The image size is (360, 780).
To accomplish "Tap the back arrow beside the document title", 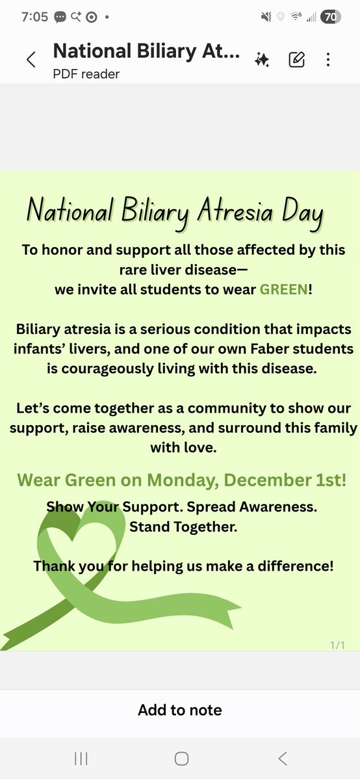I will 31,60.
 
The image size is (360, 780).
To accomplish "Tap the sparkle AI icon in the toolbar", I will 263,60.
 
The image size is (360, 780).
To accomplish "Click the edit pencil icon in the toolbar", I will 296,60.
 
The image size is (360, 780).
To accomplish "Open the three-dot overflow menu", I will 328,60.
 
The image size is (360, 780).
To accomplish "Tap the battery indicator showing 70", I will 331,17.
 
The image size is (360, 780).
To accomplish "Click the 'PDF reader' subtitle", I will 86,74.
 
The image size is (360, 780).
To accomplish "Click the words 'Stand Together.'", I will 183,526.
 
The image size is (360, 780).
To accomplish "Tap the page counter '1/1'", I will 337,645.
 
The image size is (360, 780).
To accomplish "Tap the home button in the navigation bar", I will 181,758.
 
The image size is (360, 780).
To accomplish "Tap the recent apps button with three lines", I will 81,758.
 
